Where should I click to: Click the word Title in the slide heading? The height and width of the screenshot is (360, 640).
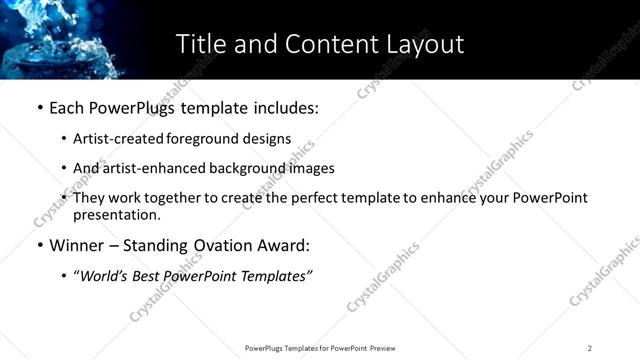(x=200, y=44)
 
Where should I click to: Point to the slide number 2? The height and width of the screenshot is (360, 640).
(x=590, y=348)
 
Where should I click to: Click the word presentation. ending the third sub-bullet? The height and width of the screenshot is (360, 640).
(x=116, y=215)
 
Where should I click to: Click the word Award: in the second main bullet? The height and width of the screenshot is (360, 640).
(x=284, y=244)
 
